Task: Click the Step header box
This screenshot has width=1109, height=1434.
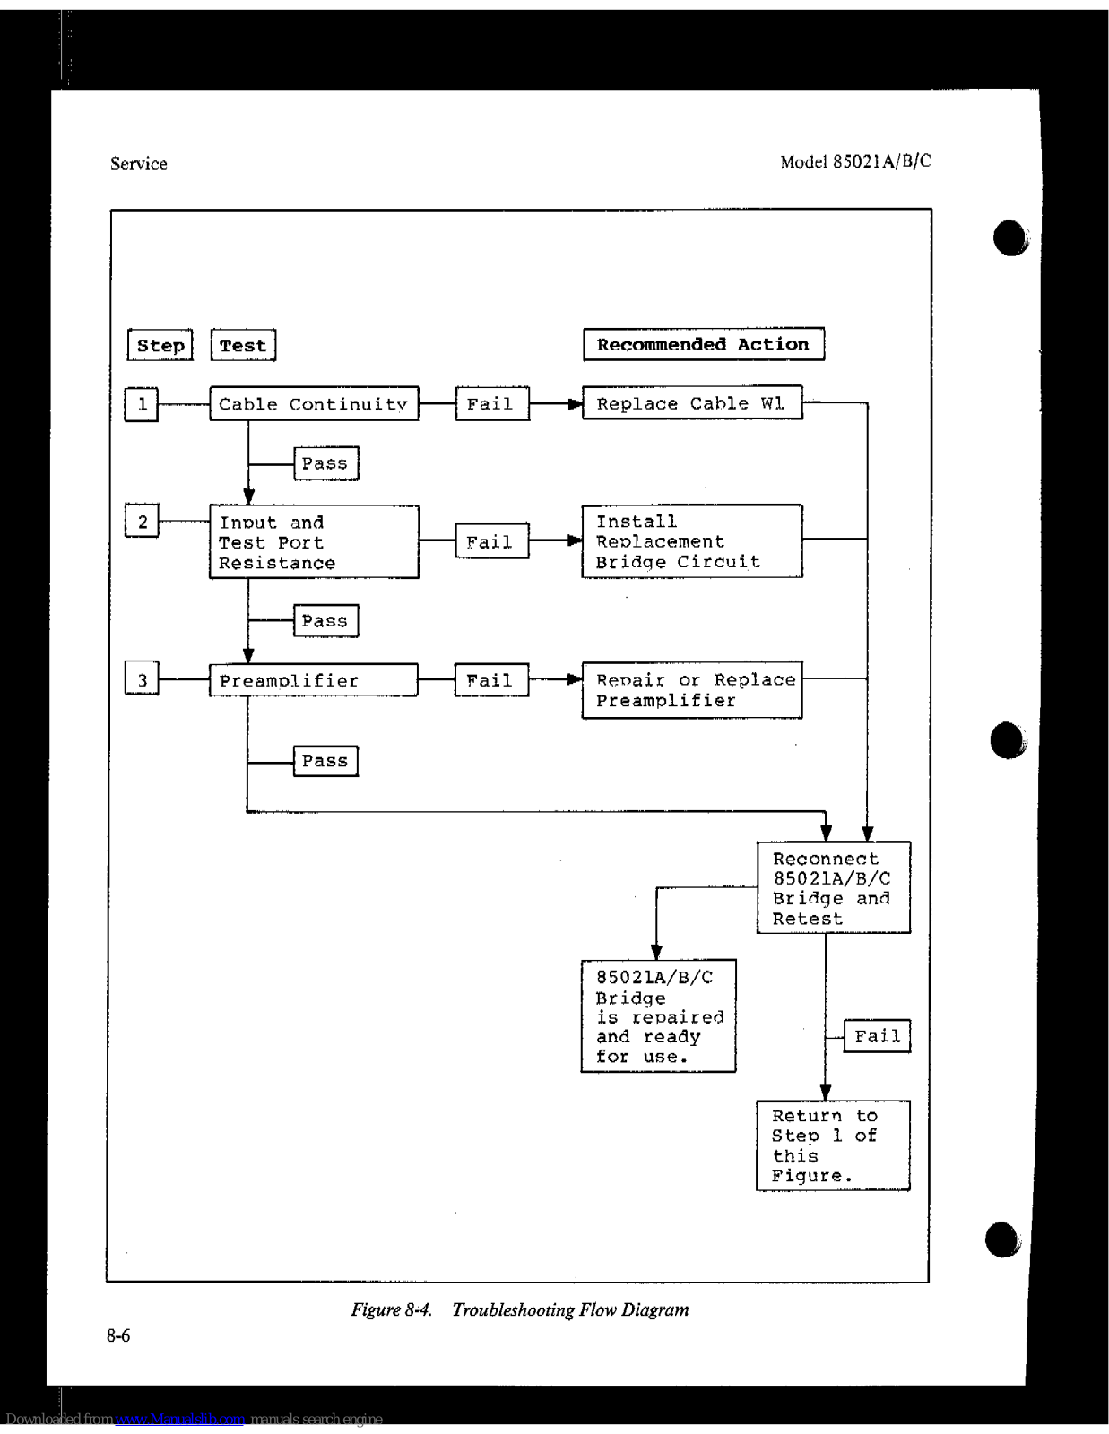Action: click(x=160, y=345)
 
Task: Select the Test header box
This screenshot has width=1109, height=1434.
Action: click(x=243, y=345)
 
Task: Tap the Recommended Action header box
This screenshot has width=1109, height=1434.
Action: click(x=703, y=344)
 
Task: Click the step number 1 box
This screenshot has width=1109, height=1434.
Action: click(x=142, y=404)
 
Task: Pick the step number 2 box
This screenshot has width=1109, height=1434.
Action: click(x=142, y=522)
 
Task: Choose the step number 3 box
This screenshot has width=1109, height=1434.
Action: click(x=142, y=680)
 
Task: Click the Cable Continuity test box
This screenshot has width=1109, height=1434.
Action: click(x=314, y=404)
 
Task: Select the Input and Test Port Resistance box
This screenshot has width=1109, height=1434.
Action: click(x=314, y=542)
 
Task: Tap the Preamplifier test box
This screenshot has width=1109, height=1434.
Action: click(x=314, y=680)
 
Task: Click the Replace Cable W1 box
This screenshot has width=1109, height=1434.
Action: click(x=691, y=403)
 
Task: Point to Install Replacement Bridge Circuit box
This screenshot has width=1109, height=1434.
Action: click(x=691, y=541)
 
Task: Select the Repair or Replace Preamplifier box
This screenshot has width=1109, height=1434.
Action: click(x=691, y=690)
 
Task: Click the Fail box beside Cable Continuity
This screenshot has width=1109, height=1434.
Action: click(x=491, y=404)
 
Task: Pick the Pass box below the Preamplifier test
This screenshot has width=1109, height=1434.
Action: click(x=325, y=761)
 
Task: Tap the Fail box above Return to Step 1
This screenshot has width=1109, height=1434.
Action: click(x=877, y=1036)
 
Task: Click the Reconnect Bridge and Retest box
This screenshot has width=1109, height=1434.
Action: click(x=833, y=887)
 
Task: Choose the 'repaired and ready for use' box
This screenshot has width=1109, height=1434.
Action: click(x=658, y=1016)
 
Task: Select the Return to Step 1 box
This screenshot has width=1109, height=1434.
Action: click(x=833, y=1145)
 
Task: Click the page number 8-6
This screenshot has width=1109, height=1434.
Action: click(x=118, y=1335)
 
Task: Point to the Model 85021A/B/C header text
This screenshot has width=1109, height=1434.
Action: click(x=855, y=161)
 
